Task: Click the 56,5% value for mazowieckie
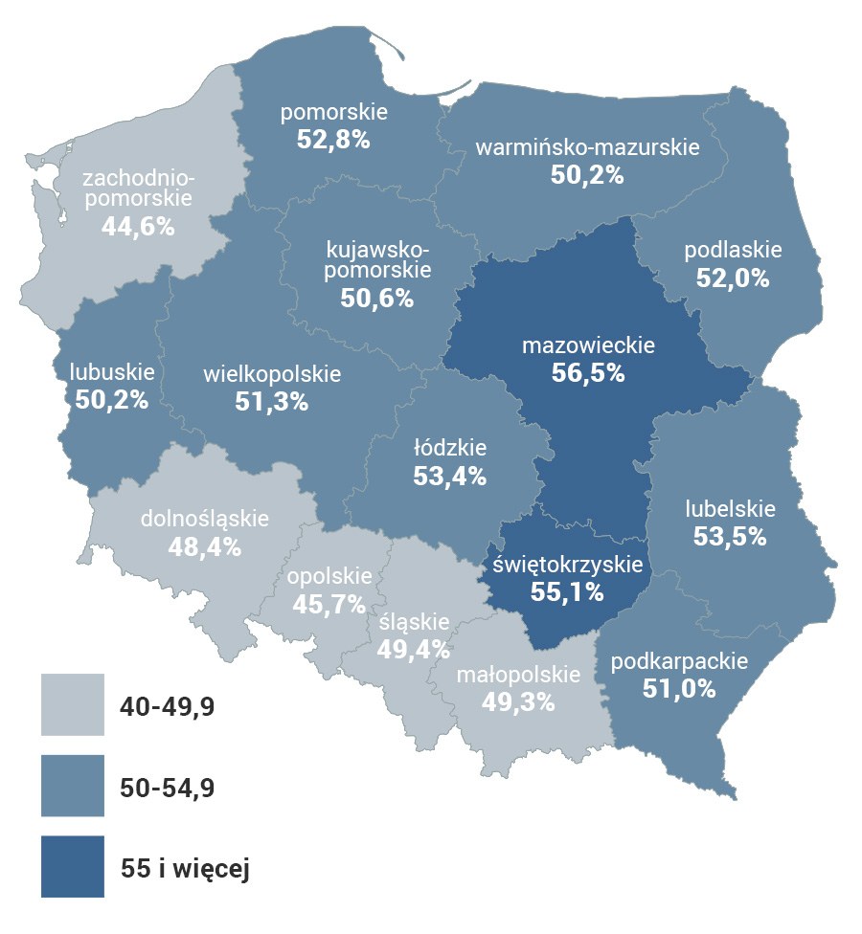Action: [588, 373]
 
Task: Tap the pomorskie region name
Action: [333, 113]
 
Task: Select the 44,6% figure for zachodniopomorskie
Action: [138, 227]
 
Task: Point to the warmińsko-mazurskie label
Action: [588, 148]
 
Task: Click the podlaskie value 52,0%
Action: [733, 278]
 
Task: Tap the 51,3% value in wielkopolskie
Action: [272, 402]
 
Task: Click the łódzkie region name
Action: [450, 447]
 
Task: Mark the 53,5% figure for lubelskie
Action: [730, 537]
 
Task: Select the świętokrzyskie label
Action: [568, 565]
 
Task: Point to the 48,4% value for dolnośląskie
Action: [204, 548]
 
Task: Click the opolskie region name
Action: [329, 577]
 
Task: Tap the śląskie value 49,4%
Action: [414, 650]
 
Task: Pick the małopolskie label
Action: [518, 674]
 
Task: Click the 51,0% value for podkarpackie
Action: [679, 688]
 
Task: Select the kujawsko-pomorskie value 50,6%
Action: [377, 298]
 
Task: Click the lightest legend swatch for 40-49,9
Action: [72, 704]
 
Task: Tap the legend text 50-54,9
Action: [168, 788]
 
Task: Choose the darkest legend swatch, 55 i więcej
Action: [72, 866]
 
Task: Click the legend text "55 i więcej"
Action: [186, 868]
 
